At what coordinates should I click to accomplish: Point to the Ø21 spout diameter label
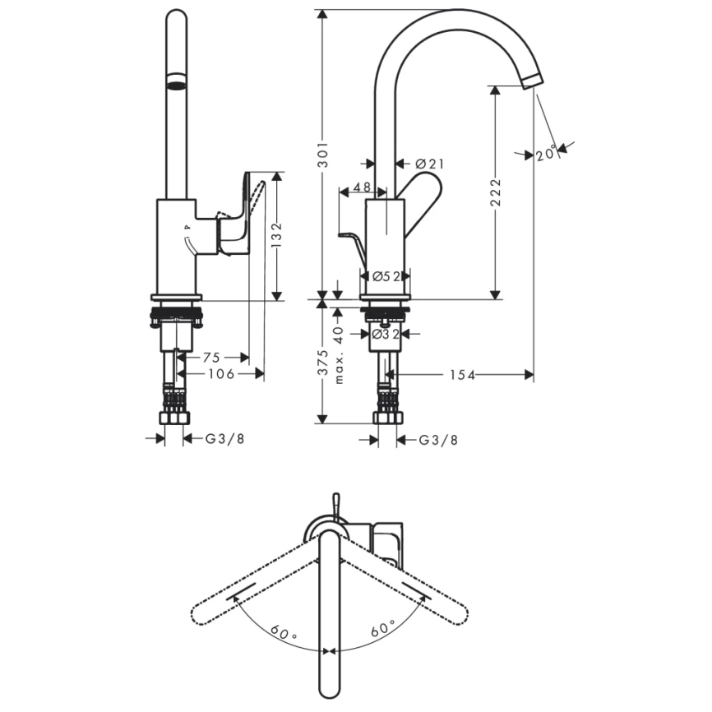pyautogui.click(x=429, y=164)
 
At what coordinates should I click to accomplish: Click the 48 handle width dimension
pyautogui.click(x=362, y=188)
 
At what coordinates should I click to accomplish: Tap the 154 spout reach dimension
pyautogui.click(x=463, y=374)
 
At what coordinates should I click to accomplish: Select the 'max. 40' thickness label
pyautogui.click(x=338, y=354)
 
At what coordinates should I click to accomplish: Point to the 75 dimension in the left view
pyautogui.click(x=211, y=358)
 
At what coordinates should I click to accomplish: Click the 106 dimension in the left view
pyautogui.click(x=220, y=374)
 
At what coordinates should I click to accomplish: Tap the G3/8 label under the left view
pyautogui.click(x=224, y=439)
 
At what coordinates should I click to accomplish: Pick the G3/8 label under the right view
pyautogui.click(x=438, y=440)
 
